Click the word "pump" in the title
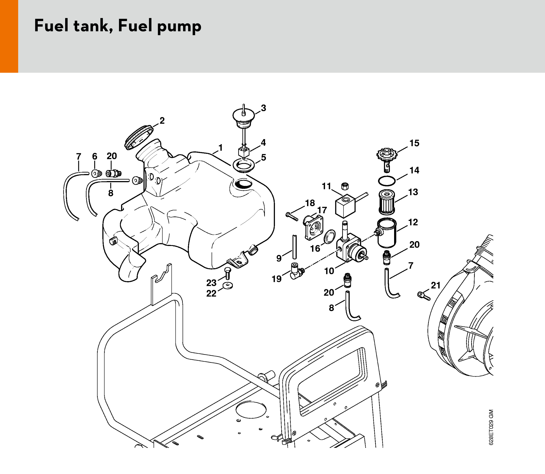[x=179, y=27]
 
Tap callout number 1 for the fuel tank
[x=221, y=148]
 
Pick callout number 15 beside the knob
[x=414, y=143]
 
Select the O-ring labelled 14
[x=387, y=181]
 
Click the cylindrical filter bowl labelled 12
[x=387, y=234]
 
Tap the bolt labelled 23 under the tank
[x=227, y=273]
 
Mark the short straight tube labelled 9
[x=294, y=247]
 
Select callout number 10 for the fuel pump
[x=329, y=271]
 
